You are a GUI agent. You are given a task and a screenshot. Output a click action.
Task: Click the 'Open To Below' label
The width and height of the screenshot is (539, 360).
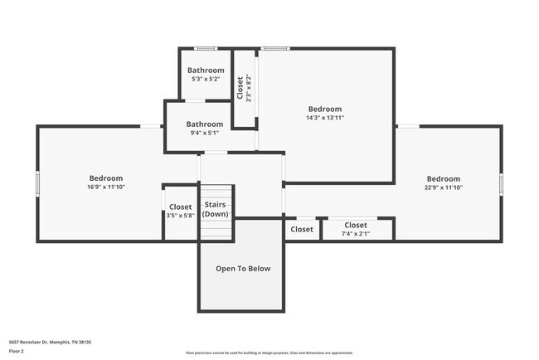click(243, 269)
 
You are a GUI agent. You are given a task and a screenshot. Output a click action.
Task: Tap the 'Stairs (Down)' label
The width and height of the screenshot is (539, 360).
click(216, 208)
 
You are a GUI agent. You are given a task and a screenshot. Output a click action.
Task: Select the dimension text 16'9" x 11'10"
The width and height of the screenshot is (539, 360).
click(106, 187)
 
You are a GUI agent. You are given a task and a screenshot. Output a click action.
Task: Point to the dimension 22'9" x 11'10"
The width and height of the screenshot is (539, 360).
click(444, 188)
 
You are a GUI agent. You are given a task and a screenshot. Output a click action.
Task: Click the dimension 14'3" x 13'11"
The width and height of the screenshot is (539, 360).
click(325, 118)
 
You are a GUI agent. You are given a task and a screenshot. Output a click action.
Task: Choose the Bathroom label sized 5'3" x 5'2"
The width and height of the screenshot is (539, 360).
click(205, 71)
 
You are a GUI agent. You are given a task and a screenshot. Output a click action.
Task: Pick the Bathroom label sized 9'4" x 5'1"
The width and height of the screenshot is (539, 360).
click(204, 124)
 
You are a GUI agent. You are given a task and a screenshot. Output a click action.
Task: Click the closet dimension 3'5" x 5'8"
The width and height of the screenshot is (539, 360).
click(180, 216)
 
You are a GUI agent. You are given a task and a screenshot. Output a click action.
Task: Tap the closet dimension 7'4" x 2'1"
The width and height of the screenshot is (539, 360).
click(356, 234)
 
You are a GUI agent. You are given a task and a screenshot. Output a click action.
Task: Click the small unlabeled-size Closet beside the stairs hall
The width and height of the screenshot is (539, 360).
click(302, 230)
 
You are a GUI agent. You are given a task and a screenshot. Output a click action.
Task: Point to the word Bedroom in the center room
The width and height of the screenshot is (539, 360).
click(325, 109)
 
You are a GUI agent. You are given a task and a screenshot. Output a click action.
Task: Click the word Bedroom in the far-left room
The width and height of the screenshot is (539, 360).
click(106, 178)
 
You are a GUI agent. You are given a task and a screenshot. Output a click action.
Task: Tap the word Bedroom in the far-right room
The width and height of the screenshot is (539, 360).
click(444, 179)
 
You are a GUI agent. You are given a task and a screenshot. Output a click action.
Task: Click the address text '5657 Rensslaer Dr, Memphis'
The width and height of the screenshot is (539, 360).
click(50, 341)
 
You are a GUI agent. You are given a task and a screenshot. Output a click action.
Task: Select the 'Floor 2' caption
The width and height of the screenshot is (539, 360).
click(17, 352)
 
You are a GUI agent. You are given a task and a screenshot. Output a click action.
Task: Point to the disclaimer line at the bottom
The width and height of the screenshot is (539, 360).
click(269, 353)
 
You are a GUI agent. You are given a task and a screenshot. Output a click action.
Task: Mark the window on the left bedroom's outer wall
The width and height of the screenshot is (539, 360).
click(36, 182)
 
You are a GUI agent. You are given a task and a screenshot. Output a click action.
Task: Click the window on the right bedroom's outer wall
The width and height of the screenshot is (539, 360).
click(501, 182)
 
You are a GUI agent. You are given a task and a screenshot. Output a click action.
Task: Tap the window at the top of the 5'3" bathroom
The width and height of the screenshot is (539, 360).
click(205, 48)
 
